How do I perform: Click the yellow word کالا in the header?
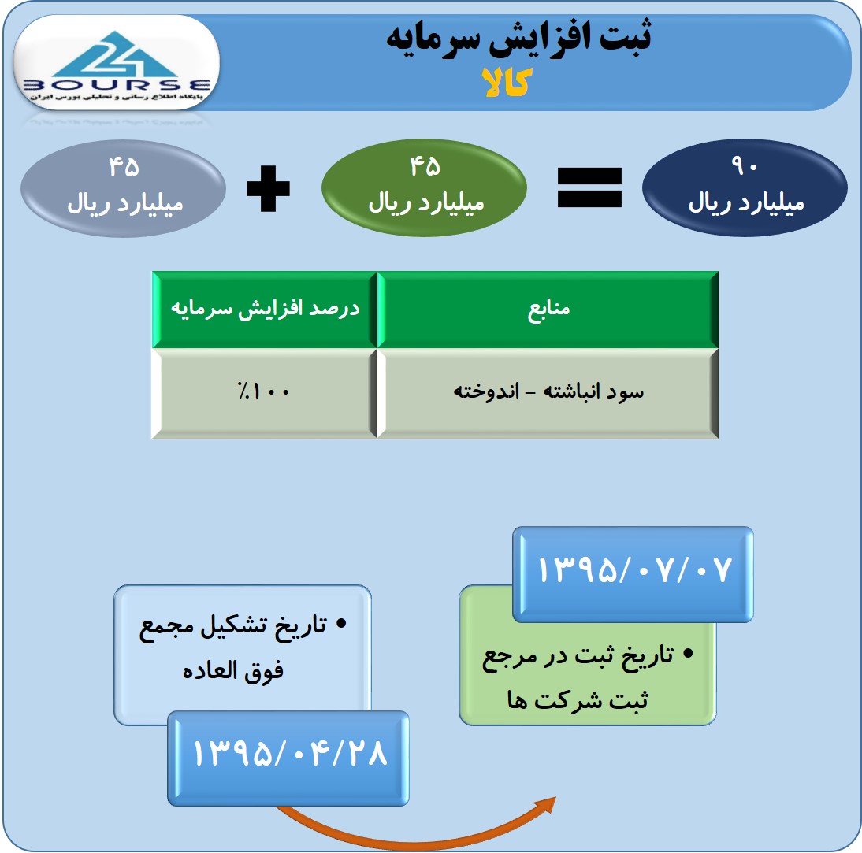tap(507, 83)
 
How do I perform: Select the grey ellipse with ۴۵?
tap(124, 188)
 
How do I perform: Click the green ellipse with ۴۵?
tap(425, 187)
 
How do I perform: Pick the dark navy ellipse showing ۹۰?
tap(745, 187)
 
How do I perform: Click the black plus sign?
tap(268, 188)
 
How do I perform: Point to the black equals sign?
tap(589, 188)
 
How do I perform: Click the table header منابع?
tap(548, 310)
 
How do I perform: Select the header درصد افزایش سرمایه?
tap(265, 310)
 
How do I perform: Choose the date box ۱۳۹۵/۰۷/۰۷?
tap(633, 574)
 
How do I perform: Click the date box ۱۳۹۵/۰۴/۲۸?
tap(288, 758)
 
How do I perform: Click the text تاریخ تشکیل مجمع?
tap(233, 627)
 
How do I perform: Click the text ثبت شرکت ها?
tap(578, 700)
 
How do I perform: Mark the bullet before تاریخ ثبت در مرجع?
tap(688, 654)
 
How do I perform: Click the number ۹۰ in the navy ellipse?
tap(745, 165)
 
